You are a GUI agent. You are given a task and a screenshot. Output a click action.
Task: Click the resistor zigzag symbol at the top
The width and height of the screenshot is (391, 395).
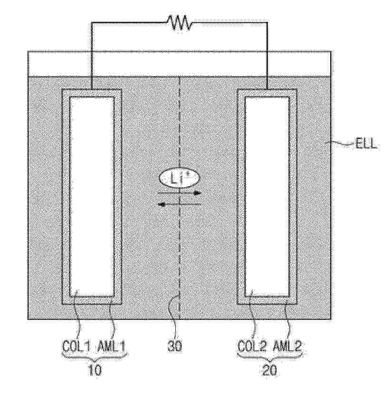click(179, 22)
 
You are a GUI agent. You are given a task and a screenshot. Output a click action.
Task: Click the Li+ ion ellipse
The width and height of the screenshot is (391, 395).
click(180, 178)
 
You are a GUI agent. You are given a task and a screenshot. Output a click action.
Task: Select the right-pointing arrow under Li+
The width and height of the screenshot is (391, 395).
click(180, 193)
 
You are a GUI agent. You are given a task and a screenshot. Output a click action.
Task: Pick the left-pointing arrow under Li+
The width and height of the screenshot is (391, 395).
click(179, 204)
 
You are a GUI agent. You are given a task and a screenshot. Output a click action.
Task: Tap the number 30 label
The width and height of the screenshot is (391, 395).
click(174, 347)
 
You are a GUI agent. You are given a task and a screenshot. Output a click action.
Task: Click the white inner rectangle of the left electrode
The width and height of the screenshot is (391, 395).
click(92, 197)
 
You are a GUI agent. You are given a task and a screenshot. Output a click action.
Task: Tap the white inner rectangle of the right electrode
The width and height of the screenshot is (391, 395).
click(267, 197)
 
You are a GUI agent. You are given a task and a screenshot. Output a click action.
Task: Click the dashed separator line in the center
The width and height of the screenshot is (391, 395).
click(179, 198)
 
